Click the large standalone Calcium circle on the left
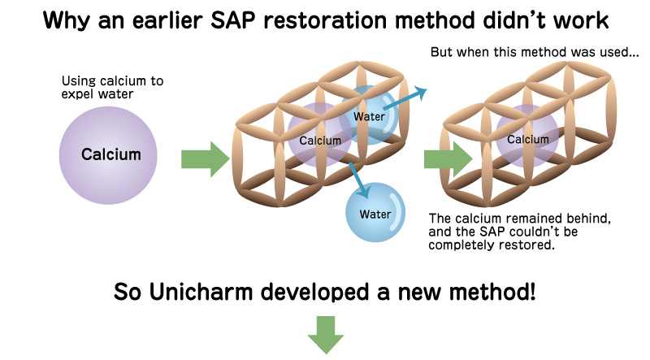[110, 154]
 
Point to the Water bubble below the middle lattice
[375, 215]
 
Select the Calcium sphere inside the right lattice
[527, 139]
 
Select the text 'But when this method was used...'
[535, 54]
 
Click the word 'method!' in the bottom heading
[496, 291]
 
